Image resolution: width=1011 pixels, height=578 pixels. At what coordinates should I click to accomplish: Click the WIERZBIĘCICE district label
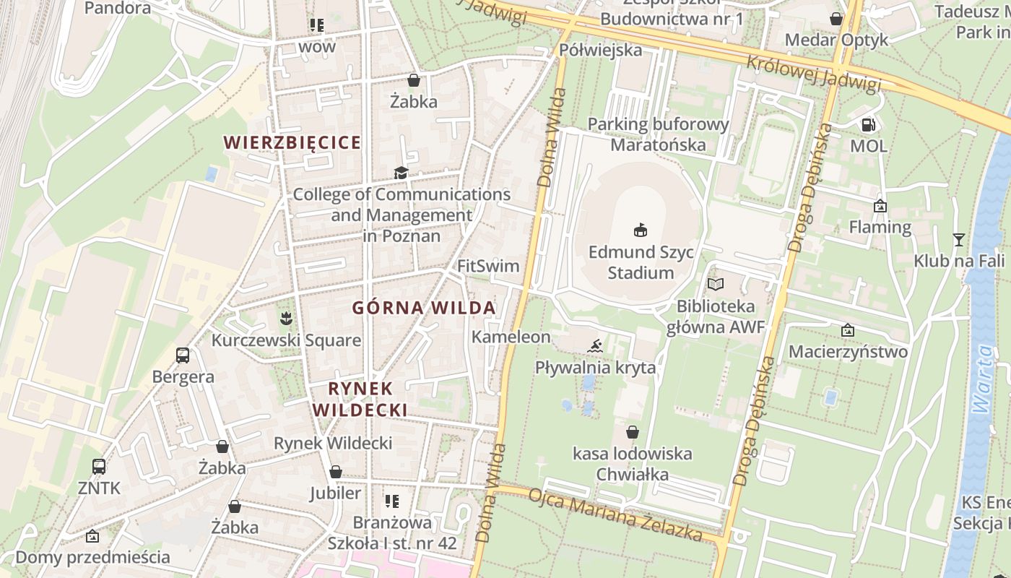tap(292, 142)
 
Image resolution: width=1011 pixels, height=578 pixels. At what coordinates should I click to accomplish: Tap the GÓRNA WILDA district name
tap(424, 308)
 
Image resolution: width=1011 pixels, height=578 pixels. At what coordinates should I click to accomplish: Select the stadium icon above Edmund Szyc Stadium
tap(640, 230)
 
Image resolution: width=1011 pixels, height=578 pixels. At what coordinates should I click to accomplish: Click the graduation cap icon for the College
tap(401, 173)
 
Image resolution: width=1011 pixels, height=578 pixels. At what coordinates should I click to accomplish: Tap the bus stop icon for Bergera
tap(183, 355)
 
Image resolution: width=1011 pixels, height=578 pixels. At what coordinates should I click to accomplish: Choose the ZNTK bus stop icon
tap(99, 467)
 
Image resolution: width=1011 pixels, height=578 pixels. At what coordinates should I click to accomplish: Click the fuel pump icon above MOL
tap(868, 124)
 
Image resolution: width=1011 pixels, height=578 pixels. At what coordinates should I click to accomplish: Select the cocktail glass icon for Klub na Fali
tap(958, 239)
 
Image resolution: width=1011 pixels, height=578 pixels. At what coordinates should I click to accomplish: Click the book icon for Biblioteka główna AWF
tap(715, 285)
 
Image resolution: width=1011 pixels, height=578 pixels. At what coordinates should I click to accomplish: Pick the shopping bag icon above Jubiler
tap(335, 472)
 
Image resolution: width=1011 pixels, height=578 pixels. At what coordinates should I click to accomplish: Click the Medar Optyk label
tap(836, 39)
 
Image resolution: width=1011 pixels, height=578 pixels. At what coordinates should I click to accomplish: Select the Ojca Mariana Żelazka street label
tap(615, 515)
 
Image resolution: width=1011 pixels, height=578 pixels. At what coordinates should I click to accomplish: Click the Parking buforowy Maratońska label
tap(658, 134)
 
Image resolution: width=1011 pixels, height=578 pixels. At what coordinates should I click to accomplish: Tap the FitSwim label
tap(488, 266)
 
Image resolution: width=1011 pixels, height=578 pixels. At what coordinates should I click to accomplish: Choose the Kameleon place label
tap(511, 337)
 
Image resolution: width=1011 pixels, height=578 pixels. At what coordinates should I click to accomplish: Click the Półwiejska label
tap(601, 50)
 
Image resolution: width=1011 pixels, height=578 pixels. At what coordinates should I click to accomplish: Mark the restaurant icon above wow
tap(316, 25)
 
